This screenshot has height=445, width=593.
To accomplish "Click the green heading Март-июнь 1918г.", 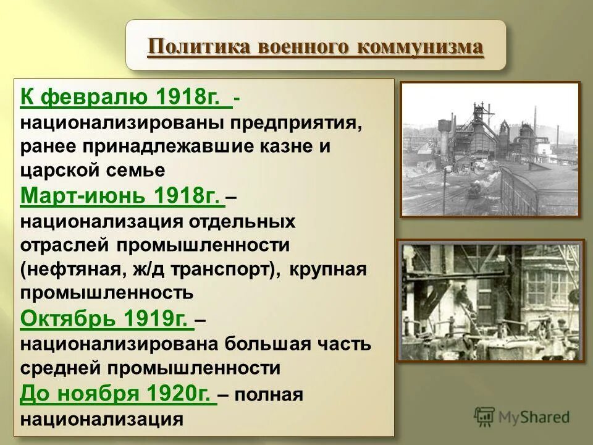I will [121, 195].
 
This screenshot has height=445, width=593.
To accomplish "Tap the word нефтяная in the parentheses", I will [77, 269].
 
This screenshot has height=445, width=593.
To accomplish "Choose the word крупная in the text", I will [327, 269].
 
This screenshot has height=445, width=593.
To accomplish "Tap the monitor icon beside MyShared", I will [485, 417].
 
